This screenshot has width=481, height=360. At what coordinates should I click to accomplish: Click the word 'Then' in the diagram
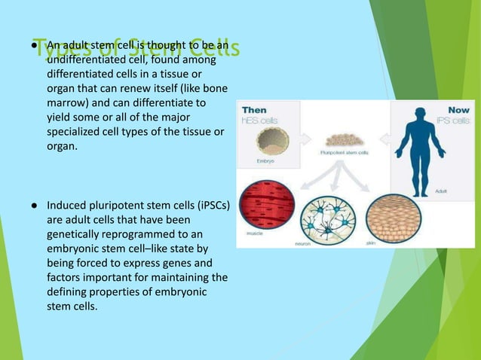click(253, 110)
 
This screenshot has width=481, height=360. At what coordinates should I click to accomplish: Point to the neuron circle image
click(328, 215)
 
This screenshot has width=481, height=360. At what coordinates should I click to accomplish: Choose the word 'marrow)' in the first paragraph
click(69, 101)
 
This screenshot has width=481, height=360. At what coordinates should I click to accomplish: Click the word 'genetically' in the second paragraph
click(75, 232)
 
